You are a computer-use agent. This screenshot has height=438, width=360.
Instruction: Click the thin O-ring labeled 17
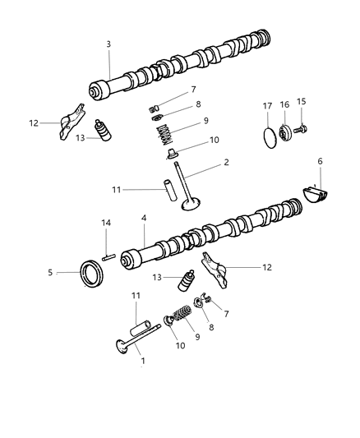267,136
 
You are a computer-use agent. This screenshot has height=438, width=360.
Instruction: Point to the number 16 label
285,104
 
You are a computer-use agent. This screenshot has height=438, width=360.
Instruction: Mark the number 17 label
267,104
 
